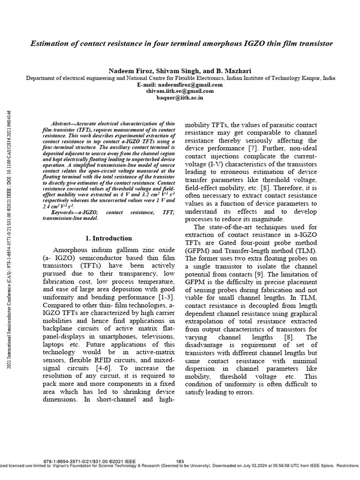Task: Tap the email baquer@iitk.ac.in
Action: pyautogui.click(x=180, y=98)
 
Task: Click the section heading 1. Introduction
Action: pyautogui.click(x=108, y=238)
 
